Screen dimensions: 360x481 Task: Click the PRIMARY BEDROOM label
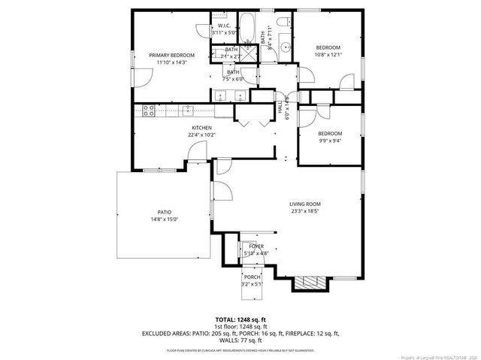coord(171,56)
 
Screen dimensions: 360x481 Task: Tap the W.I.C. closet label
coord(224,26)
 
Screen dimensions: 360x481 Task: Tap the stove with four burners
coord(149,111)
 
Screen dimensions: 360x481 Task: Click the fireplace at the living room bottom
coord(310,283)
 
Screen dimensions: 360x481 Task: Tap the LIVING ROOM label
coord(305,204)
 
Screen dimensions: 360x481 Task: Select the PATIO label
coord(164,213)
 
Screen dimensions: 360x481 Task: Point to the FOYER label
coord(256,246)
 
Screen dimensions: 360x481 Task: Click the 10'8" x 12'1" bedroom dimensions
coord(328,54)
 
